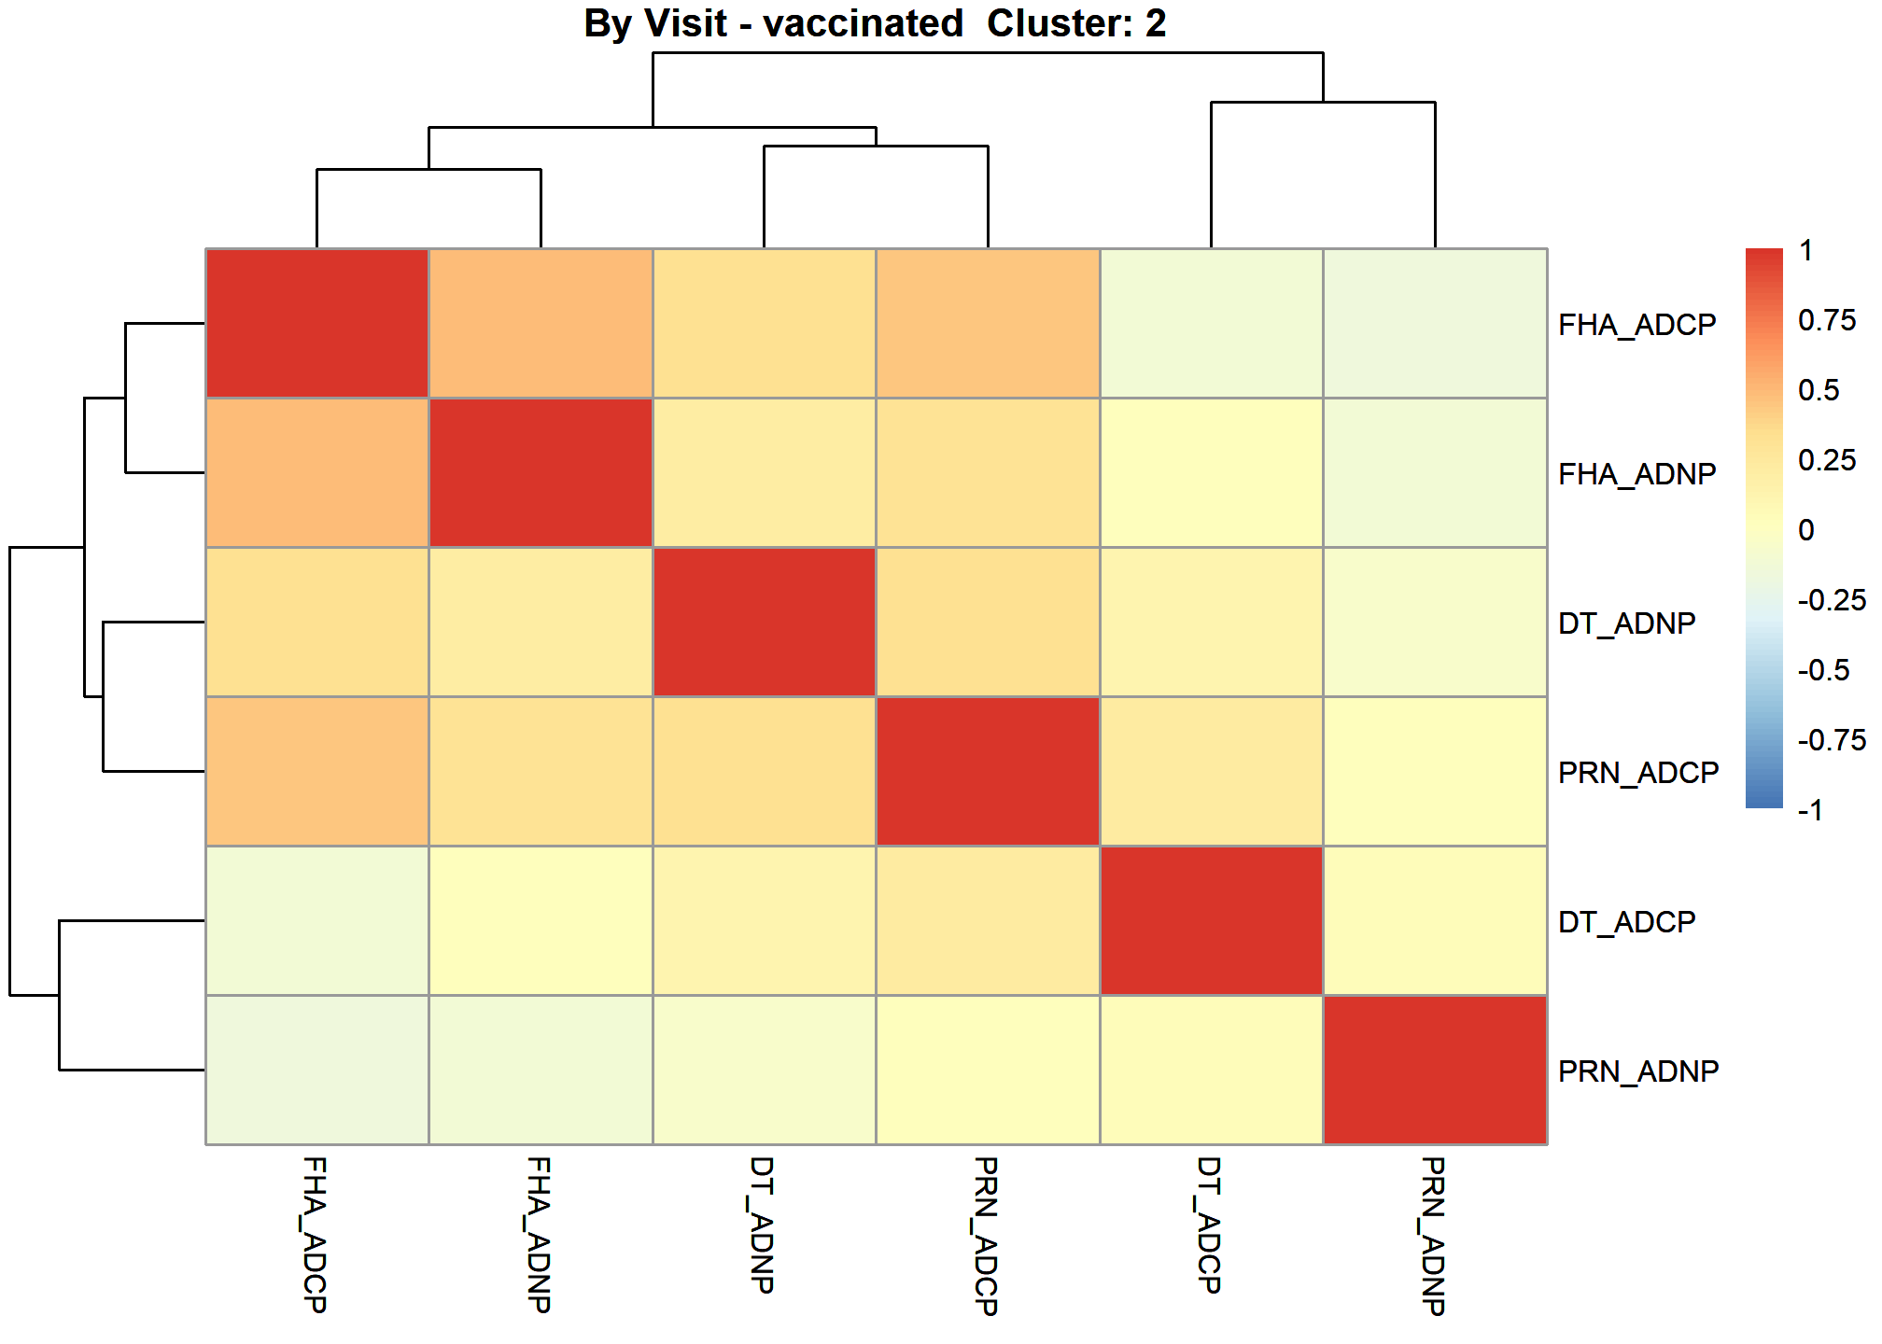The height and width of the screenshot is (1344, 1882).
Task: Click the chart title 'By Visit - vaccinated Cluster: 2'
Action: tap(875, 23)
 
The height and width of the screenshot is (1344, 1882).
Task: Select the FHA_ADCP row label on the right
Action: tap(1637, 325)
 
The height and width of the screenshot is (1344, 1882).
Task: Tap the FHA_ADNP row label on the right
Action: tap(1637, 474)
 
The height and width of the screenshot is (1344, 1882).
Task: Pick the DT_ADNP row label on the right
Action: tap(1627, 623)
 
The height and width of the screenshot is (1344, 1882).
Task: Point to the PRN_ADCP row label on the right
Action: tap(1638, 773)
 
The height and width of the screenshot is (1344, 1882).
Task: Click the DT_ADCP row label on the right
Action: tap(1627, 922)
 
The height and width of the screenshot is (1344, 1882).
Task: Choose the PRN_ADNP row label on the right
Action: tap(1638, 1071)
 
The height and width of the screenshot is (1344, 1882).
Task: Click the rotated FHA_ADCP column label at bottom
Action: tap(316, 1235)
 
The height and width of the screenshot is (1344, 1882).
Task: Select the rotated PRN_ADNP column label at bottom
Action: tap(1434, 1236)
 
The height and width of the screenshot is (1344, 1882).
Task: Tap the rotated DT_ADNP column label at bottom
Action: tap(763, 1225)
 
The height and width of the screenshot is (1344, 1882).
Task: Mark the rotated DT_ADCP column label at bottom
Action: tap(1210, 1225)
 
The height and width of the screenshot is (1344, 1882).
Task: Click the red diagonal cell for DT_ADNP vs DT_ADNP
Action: tap(765, 622)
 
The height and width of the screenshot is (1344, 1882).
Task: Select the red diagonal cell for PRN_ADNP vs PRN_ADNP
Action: tap(1435, 1070)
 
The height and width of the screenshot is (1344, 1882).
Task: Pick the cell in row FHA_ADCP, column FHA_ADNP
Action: tap(541, 323)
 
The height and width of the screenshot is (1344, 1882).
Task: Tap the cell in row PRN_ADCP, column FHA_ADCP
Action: tap(317, 771)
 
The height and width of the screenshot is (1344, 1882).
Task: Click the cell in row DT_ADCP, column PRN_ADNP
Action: tap(1435, 920)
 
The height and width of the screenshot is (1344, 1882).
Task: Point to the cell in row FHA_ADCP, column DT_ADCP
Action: tap(1212, 323)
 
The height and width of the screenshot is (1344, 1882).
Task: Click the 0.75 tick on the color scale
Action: tap(1827, 320)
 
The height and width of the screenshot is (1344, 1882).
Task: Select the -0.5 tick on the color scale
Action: tap(1824, 670)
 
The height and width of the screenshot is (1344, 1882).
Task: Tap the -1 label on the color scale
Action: tap(1811, 810)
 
